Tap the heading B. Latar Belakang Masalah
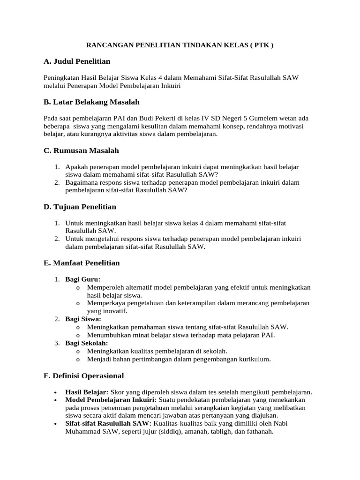91,102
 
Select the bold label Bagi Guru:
83,279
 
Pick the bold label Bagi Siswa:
83,319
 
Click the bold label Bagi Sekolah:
87,343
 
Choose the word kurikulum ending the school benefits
255,360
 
